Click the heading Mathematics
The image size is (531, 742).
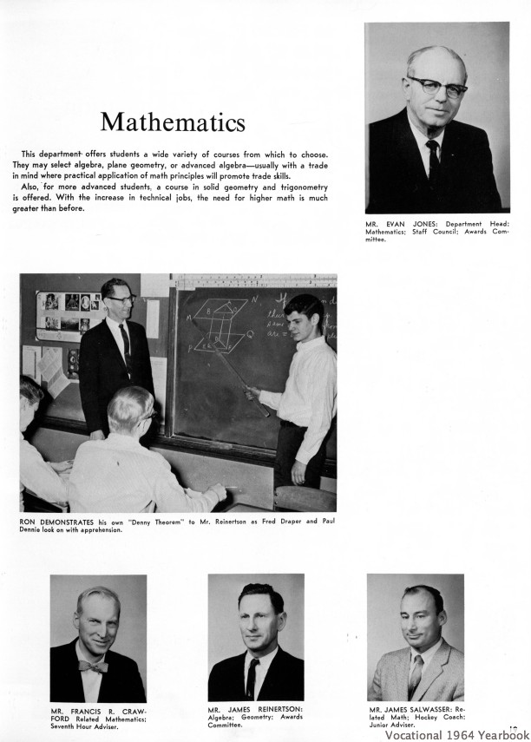(x=172, y=121)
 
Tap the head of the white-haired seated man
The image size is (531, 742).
(x=133, y=407)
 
